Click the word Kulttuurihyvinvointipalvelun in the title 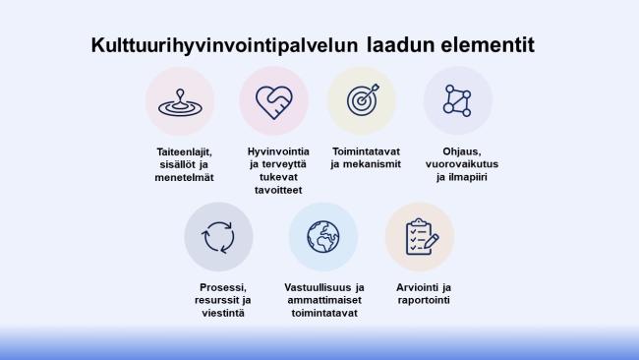(224, 45)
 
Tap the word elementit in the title (487, 44)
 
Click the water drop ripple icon (180, 102)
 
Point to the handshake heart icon (274, 102)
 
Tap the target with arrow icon (363, 100)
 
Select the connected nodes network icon (457, 100)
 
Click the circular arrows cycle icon (218, 237)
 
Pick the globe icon (323, 237)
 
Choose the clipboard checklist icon (422, 237)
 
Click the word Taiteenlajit (184, 151)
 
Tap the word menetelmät (184, 177)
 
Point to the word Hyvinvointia (278, 151)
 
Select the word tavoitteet (278, 190)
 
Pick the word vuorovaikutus (462, 164)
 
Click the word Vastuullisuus (316, 287)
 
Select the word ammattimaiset (324, 300)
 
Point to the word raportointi (424, 300)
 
